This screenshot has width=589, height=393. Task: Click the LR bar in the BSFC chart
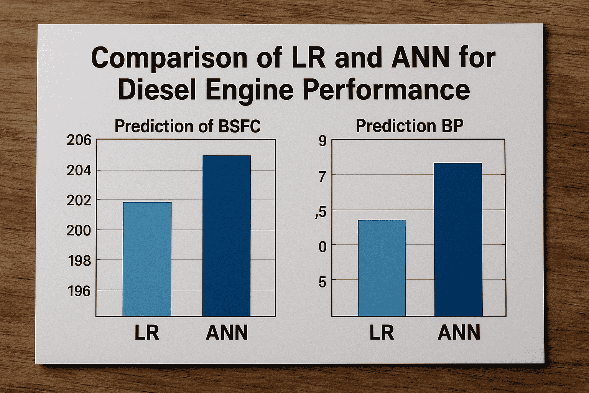pyautogui.click(x=147, y=259)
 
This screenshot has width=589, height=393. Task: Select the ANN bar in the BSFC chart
pyautogui.click(x=226, y=236)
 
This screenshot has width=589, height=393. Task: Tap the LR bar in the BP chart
pyautogui.click(x=382, y=268)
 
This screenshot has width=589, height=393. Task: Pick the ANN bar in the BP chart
pyautogui.click(x=458, y=239)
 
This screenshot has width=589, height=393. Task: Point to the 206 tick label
pyautogui.click(x=79, y=140)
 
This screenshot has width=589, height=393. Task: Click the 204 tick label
pyautogui.click(x=79, y=170)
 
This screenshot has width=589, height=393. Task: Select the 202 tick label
pyautogui.click(x=79, y=200)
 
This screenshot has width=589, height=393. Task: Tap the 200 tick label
pyautogui.click(x=79, y=230)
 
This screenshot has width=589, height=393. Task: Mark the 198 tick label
pyautogui.click(x=79, y=261)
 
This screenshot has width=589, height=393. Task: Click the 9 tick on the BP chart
pyautogui.click(x=322, y=141)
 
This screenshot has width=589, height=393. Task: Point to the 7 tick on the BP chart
pyautogui.click(x=322, y=177)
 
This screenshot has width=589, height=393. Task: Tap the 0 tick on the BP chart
pyautogui.click(x=322, y=247)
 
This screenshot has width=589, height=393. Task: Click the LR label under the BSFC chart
pyautogui.click(x=147, y=333)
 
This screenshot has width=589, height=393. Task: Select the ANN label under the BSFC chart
pyautogui.click(x=227, y=333)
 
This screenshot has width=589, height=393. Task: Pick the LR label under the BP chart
pyautogui.click(x=382, y=333)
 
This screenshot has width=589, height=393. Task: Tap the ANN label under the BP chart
pyautogui.click(x=459, y=333)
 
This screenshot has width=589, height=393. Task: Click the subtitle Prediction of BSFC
pyautogui.click(x=188, y=126)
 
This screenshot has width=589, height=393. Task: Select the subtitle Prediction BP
pyautogui.click(x=410, y=126)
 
